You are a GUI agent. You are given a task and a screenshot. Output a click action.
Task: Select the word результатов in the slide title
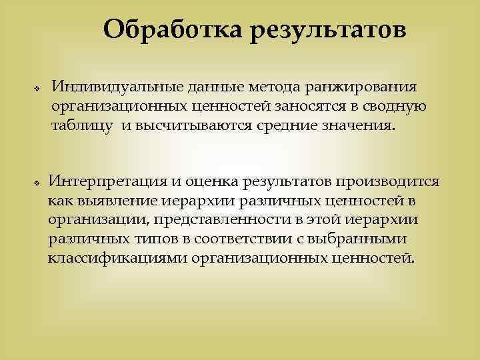(x=327, y=30)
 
